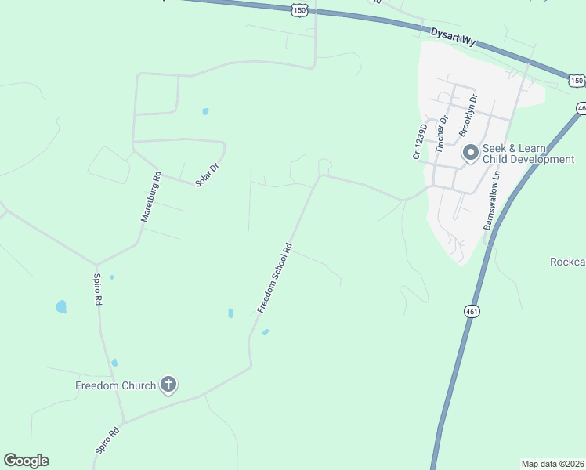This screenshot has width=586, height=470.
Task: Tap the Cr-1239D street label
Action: pyautogui.click(x=420, y=142)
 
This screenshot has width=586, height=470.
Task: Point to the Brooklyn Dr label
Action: pyautogui.click(x=468, y=116)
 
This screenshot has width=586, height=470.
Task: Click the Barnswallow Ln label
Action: pyautogui.click(x=491, y=203)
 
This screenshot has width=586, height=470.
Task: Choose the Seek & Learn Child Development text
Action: pyautogui.click(x=528, y=154)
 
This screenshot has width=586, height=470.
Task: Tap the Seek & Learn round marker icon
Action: pyautogui.click(x=470, y=153)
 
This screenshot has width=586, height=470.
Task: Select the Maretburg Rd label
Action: pyautogui.click(x=150, y=197)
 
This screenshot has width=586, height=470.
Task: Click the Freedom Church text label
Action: pyautogui.click(x=115, y=385)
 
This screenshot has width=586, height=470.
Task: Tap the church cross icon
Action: pyautogui.click(x=168, y=385)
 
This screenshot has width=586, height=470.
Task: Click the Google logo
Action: pyautogui.click(x=26, y=461)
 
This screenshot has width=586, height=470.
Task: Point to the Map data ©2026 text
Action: pyautogui.click(x=553, y=464)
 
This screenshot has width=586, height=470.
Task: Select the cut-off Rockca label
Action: pyautogui.click(x=567, y=262)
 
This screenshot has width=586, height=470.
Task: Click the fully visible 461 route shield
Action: pyautogui.click(x=471, y=311)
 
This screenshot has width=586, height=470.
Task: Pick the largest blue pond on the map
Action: pyautogui.click(x=61, y=306)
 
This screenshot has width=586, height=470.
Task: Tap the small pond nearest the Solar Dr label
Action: pyautogui.click(x=205, y=111)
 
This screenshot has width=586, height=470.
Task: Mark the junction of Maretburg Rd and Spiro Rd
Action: pyautogui.click(x=96, y=264)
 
